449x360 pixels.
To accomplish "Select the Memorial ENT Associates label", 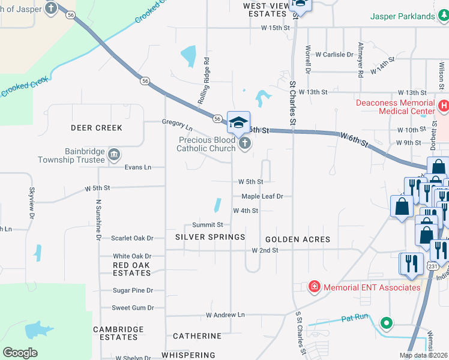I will pos(372,287).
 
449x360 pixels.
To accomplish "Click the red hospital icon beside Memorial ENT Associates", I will pos(314,287).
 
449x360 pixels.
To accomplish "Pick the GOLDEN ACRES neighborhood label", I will pos(298,239).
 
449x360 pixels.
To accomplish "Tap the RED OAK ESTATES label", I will pos(131,268).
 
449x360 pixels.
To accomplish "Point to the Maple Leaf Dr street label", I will pos(262,196).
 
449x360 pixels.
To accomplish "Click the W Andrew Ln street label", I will pos(226,314).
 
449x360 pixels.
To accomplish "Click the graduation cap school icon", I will pos(238,122).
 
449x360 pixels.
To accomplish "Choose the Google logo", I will pos(20,353).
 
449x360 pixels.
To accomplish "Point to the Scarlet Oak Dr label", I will pos(132,238).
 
